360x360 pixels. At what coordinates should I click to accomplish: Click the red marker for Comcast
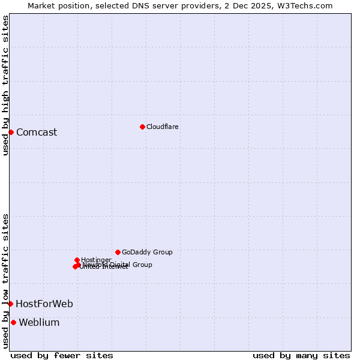click(11, 132)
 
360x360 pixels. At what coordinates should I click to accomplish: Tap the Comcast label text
click(37, 133)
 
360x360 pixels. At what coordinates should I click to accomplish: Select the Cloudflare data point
click(142, 127)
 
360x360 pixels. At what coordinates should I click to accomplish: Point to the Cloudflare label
click(163, 127)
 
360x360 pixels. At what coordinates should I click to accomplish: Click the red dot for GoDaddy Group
click(118, 252)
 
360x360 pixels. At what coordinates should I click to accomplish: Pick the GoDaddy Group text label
click(147, 253)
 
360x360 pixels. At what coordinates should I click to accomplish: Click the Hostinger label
click(97, 260)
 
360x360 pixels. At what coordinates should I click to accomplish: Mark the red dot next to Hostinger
click(77, 260)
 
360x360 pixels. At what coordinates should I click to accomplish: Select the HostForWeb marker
click(10, 304)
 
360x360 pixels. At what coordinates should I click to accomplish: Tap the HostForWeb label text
click(44, 304)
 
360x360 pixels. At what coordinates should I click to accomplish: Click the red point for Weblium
click(13, 322)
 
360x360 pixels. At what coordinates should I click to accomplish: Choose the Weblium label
click(39, 323)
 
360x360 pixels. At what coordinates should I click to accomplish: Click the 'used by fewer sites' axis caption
click(62, 356)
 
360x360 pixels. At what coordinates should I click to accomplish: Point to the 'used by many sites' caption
click(301, 356)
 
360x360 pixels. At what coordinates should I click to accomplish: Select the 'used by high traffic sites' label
click(6, 85)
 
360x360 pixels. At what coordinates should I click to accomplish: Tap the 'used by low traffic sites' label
click(6, 281)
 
